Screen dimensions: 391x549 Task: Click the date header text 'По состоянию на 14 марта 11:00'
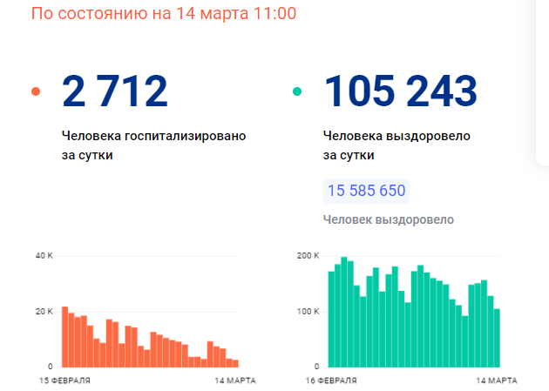163,15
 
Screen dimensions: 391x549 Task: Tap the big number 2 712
114,91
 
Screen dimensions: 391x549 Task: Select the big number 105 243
400,91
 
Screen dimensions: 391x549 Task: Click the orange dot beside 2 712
36,91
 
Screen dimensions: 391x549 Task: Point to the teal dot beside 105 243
297,91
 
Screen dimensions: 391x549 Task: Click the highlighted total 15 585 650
366,191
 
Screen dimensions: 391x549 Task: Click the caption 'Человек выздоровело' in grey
388,219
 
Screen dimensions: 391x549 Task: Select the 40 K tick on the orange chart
44,256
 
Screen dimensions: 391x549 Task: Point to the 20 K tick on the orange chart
44,311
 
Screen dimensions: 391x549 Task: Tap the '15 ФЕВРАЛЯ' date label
64,381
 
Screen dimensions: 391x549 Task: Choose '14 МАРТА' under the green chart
496,381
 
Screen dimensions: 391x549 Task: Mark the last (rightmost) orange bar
234,362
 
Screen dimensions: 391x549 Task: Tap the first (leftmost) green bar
331,319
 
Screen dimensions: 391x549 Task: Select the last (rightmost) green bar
497,337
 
